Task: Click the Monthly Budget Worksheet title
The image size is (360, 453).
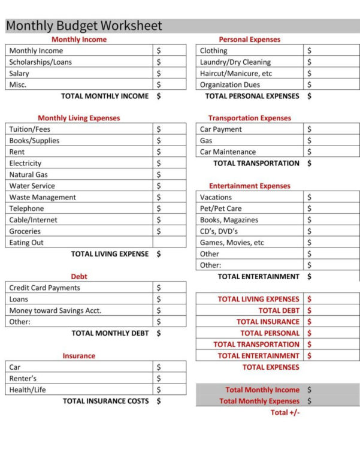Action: pyautogui.click(x=84, y=26)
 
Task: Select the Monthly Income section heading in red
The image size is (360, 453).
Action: pyautogui.click(x=79, y=40)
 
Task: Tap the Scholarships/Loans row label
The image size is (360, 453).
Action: pyautogui.click(x=40, y=62)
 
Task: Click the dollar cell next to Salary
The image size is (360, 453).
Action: pyautogui.click(x=169, y=73)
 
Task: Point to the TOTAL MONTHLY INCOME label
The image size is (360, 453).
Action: pyautogui.click(x=105, y=96)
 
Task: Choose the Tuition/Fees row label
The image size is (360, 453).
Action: pyautogui.click(x=30, y=129)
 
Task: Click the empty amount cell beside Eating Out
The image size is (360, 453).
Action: pyautogui.click(x=169, y=243)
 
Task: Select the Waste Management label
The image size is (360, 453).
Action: pyautogui.click(x=43, y=197)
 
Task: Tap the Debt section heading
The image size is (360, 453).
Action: pyautogui.click(x=79, y=277)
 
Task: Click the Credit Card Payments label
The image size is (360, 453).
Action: pyautogui.click(x=44, y=288)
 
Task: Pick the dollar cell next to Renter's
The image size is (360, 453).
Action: pyautogui.click(x=169, y=379)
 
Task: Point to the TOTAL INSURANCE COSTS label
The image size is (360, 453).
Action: pyautogui.click(x=105, y=401)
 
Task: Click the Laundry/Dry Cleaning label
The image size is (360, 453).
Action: pyautogui.click(x=235, y=62)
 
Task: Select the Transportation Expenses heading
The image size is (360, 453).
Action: pyautogui.click(x=250, y=119)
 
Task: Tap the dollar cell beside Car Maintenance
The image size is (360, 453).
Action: pyautogui.click(x=331, y=152)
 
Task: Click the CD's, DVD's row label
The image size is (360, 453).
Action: pyautogui.click(x=219, y=231)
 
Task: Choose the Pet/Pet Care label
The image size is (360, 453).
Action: pyautogui.click(x=221, y=209)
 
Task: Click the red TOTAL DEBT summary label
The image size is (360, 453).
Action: pyautogui.click(x=279, y=310)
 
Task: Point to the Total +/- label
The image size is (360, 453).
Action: pyautogui.click(x=285, y=413)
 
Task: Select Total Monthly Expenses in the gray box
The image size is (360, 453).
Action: pyautogui.click(x=259, y=401)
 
